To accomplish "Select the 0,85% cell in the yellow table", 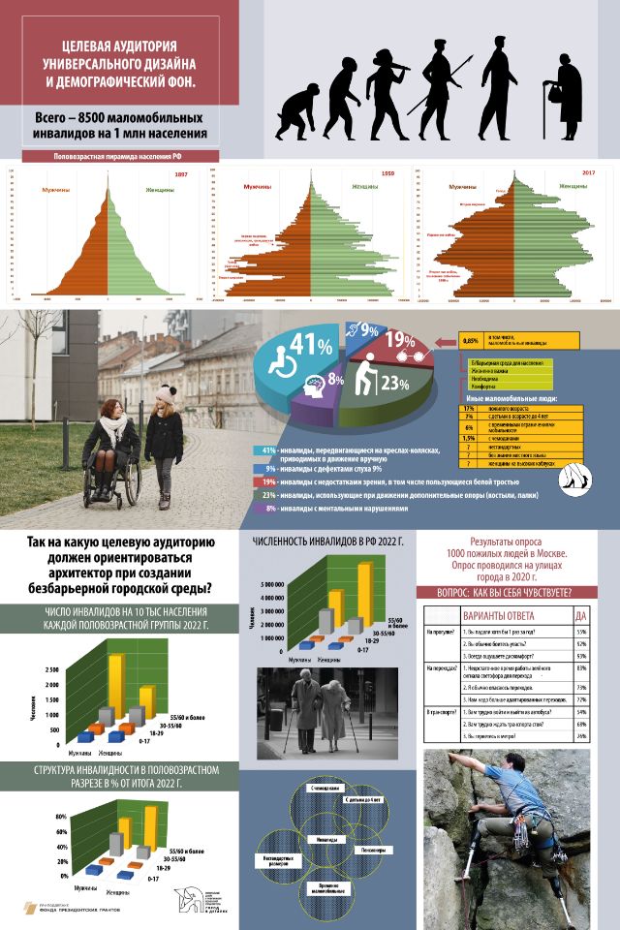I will pos(472,341).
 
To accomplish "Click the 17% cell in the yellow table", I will pos(469,408).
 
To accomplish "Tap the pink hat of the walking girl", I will pos(167,393).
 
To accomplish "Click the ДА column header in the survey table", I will pos(579,616).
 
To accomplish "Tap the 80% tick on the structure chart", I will pos(60,816).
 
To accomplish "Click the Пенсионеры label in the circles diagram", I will pos(375,850).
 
